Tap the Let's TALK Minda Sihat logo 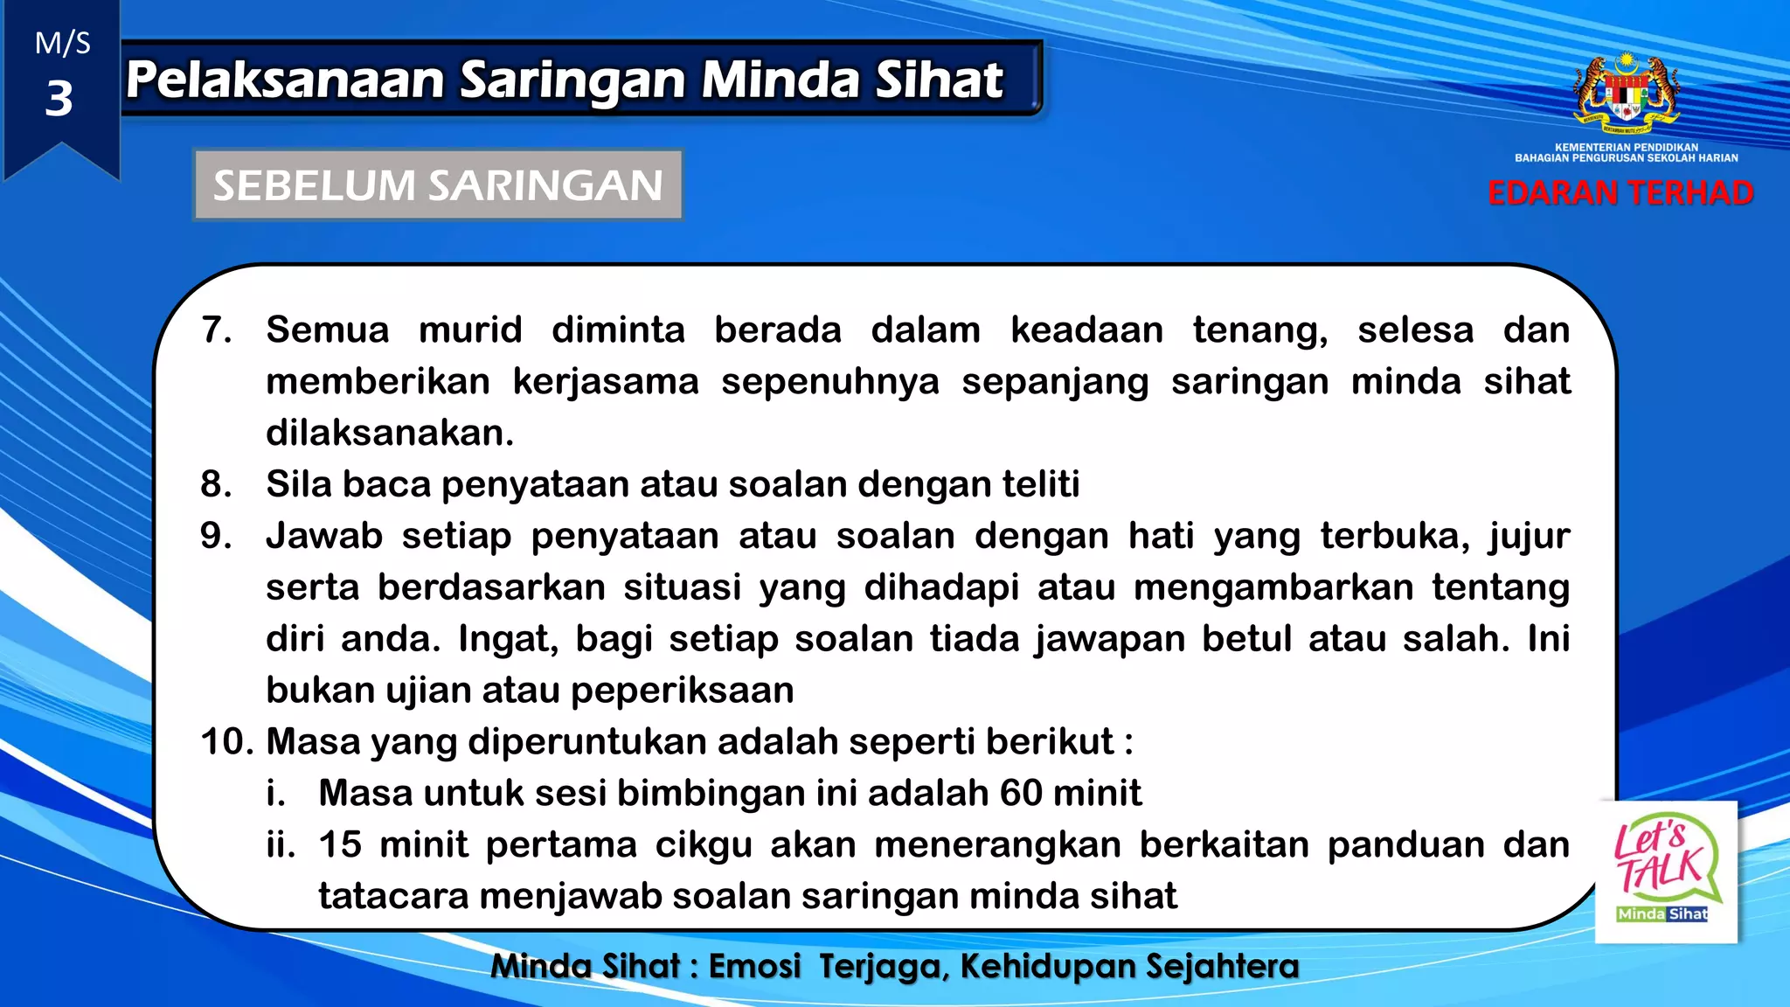click(1666, 872)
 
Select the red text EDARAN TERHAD click(1620, 193)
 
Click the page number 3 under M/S click(59, 99)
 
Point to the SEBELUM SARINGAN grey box click(438, 185)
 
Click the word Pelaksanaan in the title click(286, 80)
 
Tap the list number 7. click(216, 330)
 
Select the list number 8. click(216, 484)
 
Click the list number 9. click(216, 536)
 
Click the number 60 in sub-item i click(1021, 793)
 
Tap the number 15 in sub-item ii click(340, 844)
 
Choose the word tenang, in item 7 click(1259, 330)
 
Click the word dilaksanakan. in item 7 click(390, 434)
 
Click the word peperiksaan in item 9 click(682, 691)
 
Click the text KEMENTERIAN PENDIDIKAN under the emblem click(1627, 147)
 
